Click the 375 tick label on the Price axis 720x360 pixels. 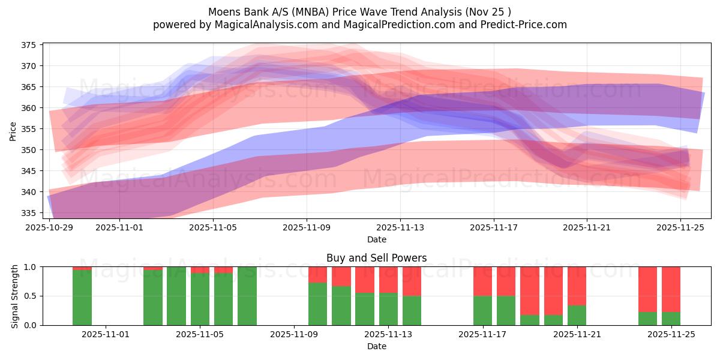click(29, 45)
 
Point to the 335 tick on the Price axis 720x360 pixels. click(29, 213)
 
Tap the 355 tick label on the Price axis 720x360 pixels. click(29, 129)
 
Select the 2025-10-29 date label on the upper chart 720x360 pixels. click(50, 228)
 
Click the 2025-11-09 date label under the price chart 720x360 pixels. click(307, 228)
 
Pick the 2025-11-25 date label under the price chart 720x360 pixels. click(681, 228)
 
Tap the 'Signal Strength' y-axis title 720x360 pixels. click(15, 296)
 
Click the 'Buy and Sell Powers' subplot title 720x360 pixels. click(376, 258)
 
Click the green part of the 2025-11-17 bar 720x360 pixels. click(482, 310)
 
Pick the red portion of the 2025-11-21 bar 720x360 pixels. click(577, 286)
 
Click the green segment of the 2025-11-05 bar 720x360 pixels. click(200, 299)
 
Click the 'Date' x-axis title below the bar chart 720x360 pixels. click(376, 346)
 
